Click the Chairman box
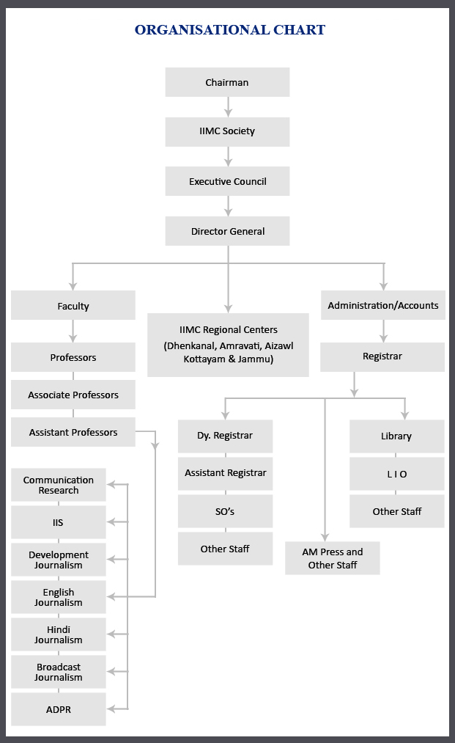click(x=227, y=82)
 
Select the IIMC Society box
click(x=227, y=131)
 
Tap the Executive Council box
click(x=227, y=181)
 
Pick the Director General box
click(x=227, y=231)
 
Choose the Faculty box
click(x=73, y=306)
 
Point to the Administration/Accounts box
click(x=382, y=305)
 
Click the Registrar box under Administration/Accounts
click(x=382, y=356)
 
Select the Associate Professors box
click(x=73, y=395)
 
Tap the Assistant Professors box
click(x=73, y=432)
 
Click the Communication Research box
click(x=59, y=485)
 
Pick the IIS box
click(x=59, y=522)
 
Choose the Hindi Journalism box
click(x=59, y=634)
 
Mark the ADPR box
click(x=59, y=709)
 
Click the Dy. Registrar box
click(x=225, y=436)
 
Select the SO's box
click(x=225, y=510)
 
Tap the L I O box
click(x=396, y=474)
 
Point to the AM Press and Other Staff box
click(x=333, y=558)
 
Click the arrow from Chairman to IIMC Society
click(x=228, y=107)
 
